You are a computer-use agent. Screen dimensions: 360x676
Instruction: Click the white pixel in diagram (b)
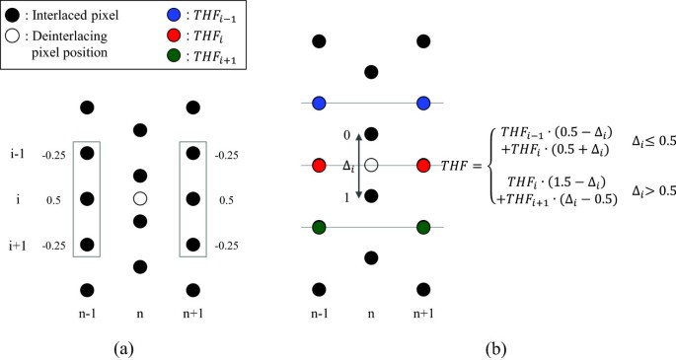point(372,165)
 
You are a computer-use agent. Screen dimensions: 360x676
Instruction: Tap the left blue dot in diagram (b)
point(319,103)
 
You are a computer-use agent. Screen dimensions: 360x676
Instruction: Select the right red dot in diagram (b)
point(424,165)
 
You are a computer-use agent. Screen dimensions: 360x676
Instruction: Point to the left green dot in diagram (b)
point(319,227)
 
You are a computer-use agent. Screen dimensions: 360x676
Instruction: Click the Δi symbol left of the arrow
point(346,167)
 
